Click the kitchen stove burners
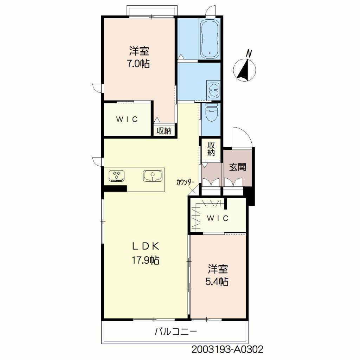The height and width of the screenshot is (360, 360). point(117,176)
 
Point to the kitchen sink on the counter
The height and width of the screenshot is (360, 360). point(153,176)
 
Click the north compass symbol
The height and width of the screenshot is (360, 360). point(244,70)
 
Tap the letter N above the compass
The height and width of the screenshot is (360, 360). point(249,54)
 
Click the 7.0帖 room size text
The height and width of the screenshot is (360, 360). point(139,64)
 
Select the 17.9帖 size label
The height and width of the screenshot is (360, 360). point(145,260)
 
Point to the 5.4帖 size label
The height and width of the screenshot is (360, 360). point(217,281)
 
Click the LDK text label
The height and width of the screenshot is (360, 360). point(146,246)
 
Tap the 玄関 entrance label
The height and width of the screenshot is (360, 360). point(238,167)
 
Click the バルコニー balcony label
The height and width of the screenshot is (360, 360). point(176,332)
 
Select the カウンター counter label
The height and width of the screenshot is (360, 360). point(186,182)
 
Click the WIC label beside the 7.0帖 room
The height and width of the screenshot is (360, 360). point(127,119)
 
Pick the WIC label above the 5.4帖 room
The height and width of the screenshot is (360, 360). point(218,218)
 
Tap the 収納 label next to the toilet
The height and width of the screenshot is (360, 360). point(211,149)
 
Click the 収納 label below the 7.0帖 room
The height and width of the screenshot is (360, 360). point(164,131)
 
